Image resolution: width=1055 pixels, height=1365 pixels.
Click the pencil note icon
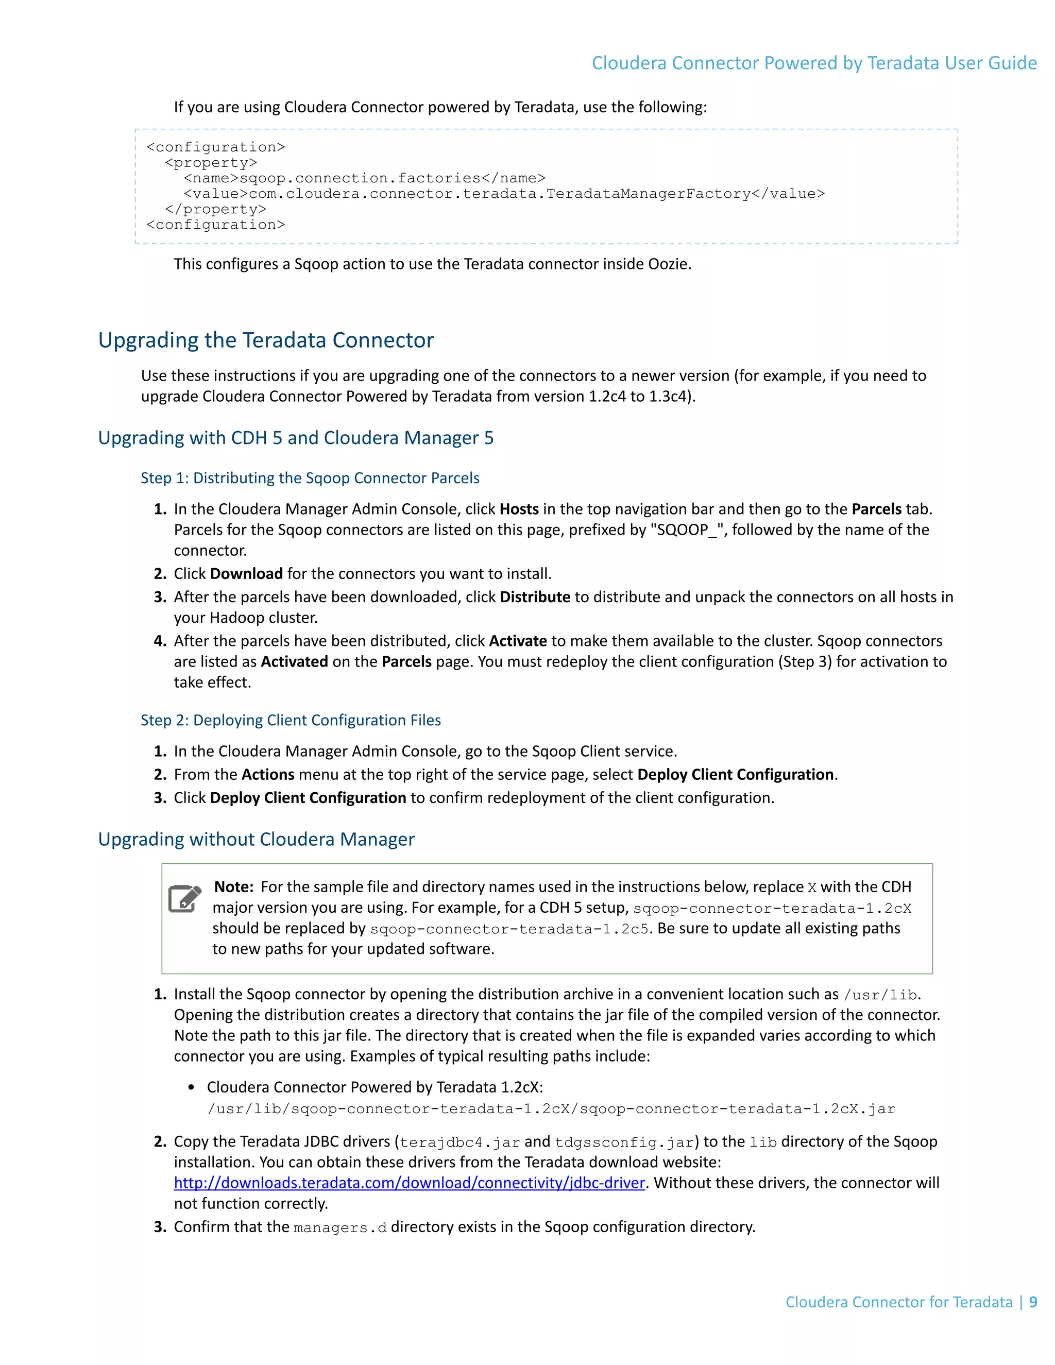[x=184, y=899]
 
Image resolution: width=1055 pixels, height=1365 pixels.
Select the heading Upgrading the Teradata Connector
[x=266, y=340]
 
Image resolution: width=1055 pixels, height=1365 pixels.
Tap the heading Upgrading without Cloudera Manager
[x=256, y=840]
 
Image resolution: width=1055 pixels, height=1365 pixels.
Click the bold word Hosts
[x=519, y=509]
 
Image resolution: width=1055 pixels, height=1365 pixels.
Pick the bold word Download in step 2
[x=246, y=574]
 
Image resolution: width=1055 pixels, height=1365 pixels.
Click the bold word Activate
[x=518, y=641]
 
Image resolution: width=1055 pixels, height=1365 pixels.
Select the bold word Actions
[x=267, y=775]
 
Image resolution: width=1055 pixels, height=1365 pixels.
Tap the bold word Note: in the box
[x=233, y=887]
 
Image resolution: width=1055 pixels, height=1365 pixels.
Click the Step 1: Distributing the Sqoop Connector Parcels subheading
[x=310, y=478]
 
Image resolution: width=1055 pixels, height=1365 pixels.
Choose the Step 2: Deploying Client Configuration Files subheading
[x=291, y=721]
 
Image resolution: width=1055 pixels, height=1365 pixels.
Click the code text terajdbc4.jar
[x=460, y=1142]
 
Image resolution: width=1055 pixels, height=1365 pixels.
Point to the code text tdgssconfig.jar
[x=624, y=1142]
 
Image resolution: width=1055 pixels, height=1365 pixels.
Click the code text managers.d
[x=340, y=1228]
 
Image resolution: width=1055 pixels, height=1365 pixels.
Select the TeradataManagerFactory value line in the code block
[x=504, y=194]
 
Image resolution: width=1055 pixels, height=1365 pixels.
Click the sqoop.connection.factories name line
[x=364, y=178]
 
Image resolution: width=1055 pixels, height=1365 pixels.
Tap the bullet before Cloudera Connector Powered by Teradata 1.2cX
[x=191, y=1087]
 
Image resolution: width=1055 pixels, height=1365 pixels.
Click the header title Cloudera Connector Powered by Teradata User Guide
[x=814, y=63]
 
